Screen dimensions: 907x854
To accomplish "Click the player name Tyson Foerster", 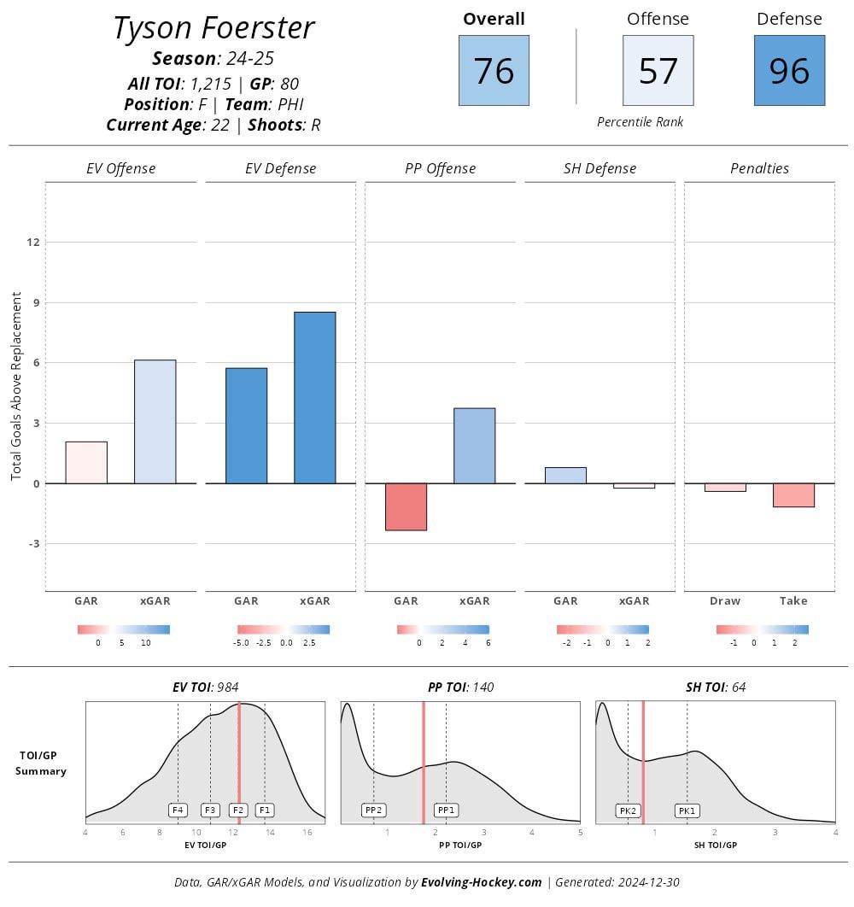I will (x=213, y=28).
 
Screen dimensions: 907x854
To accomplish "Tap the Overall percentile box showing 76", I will (x=494, y=70).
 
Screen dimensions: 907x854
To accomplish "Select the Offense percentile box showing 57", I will (x=658, y=70).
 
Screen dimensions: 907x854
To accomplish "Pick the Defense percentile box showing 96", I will (x=789, y=70).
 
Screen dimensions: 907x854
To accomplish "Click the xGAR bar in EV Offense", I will (x=155, y=422).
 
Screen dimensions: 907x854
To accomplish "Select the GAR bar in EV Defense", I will (x=246, y=425).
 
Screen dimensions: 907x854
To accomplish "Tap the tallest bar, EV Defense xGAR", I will (x=314, y=398).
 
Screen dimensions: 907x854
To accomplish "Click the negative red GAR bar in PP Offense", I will (x=406, y=506).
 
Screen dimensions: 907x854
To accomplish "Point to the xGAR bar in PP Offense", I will (x=474, y=446).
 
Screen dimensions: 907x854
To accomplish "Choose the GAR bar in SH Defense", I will (x=565, y=475).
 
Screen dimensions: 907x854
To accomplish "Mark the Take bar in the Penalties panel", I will (x=793, y=494).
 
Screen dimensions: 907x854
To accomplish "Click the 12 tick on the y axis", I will (x=33, y=243).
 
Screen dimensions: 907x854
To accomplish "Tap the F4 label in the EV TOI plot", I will (x=178, y=810).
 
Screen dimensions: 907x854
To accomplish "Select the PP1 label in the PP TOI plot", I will (x=446, y=810).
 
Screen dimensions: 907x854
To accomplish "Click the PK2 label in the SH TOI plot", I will (x=628, y=810).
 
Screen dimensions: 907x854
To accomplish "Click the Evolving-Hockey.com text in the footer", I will (x=481, y=882).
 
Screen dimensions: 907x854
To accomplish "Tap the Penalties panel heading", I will (x=759, y=168).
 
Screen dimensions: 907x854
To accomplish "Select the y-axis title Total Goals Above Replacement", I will (x=16, y=386).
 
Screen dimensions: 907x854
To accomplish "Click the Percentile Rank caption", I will (x=640, y=122).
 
